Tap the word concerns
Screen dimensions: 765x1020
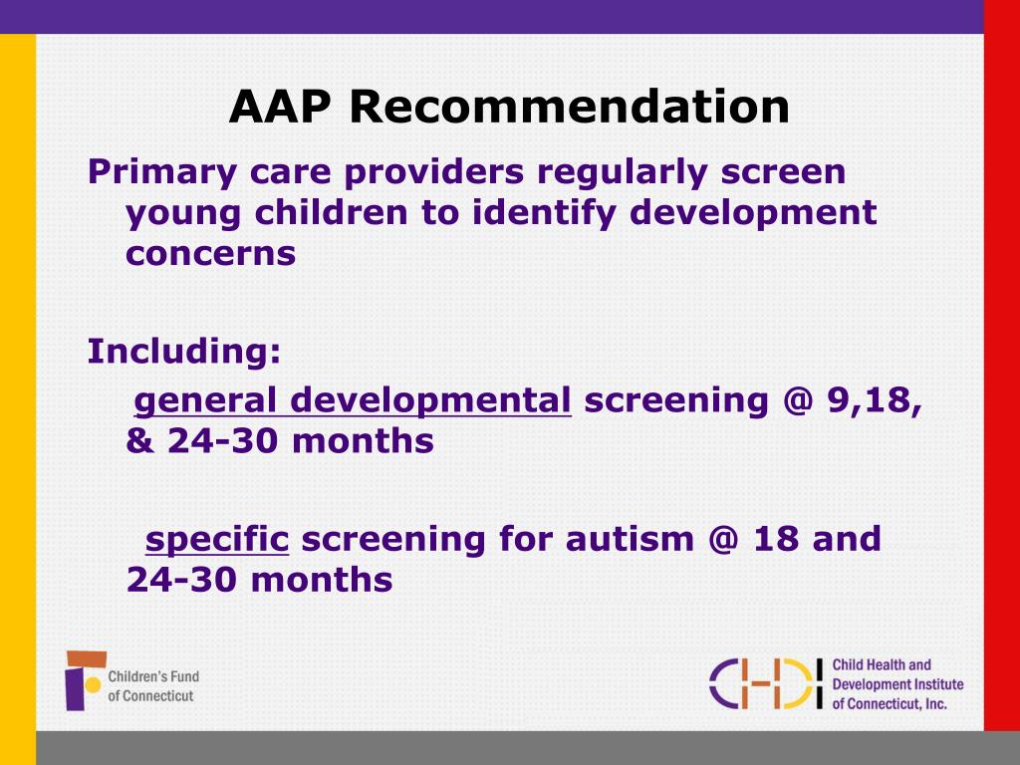(x=211, y=254)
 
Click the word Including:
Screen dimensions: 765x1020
(x=184, y=352)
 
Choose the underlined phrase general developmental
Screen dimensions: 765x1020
(x=353, y=400)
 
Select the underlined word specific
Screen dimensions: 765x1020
(x=217, y=539)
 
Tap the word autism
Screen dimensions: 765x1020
(x=630, y=539)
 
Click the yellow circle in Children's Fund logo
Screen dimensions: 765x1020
(x=92, y=685)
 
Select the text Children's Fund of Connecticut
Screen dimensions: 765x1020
(x=152, y=685)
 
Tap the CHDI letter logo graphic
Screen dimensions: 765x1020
(x=766, y=683)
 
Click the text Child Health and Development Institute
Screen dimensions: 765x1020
(x=896, y=674)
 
